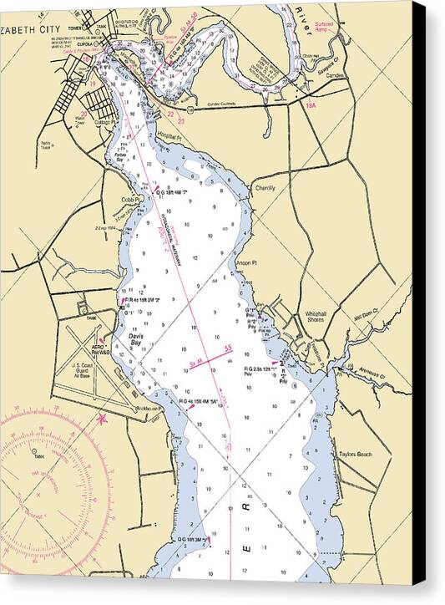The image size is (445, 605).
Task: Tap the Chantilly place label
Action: [265, 188]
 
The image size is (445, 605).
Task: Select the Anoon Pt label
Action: [245, 262]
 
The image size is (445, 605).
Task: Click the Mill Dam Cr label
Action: [366, 314]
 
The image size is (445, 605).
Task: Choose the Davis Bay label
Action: [137, 339]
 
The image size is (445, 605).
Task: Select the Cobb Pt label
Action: [131, 200]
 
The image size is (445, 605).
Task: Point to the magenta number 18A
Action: [311, 105]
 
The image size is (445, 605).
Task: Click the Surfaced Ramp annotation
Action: [324, 28]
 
